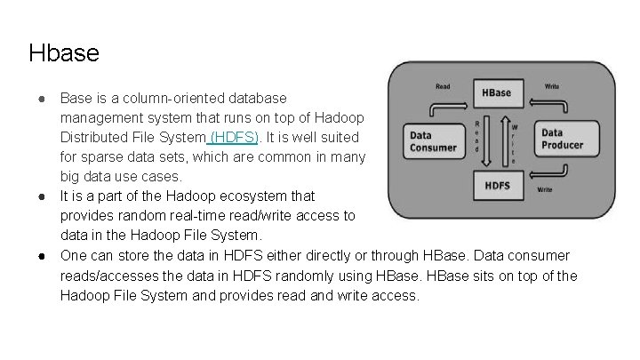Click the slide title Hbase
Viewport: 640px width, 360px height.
coord(64,52)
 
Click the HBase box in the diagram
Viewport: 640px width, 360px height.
coord(496,92)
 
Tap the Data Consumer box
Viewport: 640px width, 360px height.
coord(433,141)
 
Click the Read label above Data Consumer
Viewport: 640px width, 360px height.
coord(442,87)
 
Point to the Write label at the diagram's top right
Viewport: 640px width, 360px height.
coord(551,87)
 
